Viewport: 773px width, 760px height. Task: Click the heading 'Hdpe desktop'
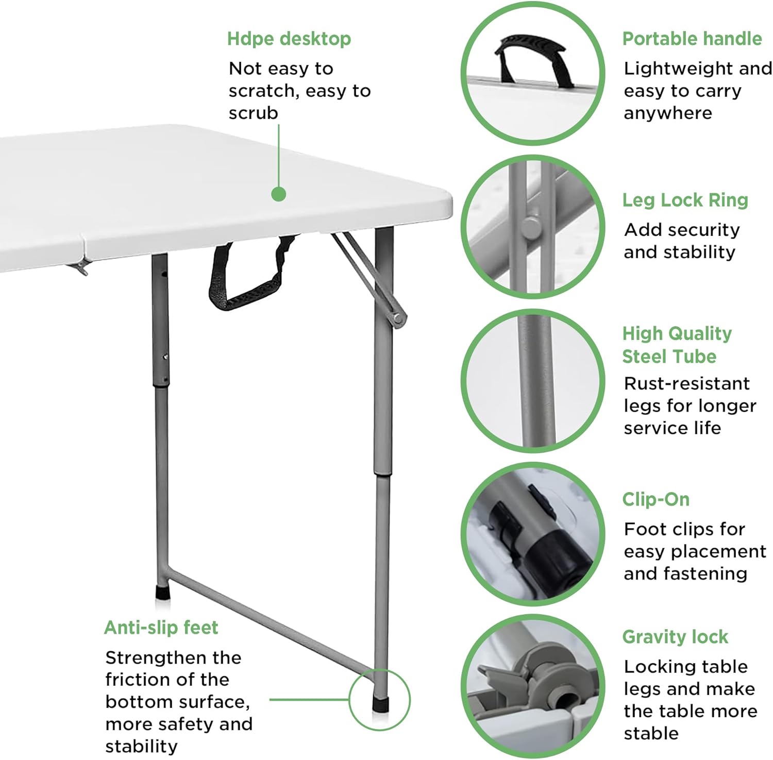point(289,39)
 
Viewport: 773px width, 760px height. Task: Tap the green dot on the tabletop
point(278,194)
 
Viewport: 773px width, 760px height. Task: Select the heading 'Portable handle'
point(692,39)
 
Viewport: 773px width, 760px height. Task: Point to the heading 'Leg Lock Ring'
point(685,200)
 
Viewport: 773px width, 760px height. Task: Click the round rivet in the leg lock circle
point(530,227)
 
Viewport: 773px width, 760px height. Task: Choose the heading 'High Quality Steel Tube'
point(676,345)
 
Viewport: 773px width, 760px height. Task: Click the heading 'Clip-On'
point(656,499)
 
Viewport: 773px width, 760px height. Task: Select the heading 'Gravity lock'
point(675,637)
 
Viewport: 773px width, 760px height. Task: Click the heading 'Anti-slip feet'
point(161,628)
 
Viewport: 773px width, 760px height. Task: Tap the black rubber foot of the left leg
point(163,592)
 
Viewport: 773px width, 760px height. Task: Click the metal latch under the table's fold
point(78,267)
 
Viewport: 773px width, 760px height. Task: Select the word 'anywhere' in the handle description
point(667,113)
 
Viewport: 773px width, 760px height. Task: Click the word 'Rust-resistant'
point(686,383)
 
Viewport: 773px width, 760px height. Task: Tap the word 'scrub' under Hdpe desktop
point(253,113)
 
